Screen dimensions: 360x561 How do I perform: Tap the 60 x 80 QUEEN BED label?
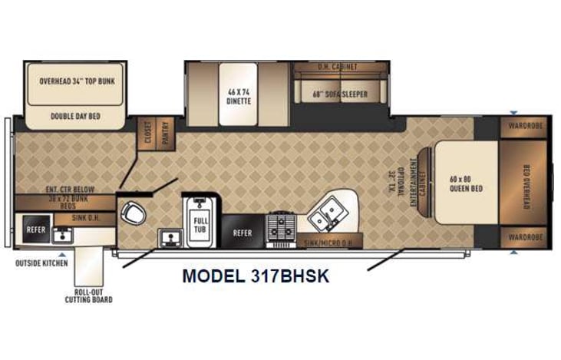pos(466,184)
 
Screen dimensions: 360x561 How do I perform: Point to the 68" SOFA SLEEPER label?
pos(339,95)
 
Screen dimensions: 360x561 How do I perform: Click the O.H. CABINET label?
pos(338,68)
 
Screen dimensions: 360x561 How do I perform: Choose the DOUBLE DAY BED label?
pos(76,117)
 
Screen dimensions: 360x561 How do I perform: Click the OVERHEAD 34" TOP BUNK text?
pos(76,80)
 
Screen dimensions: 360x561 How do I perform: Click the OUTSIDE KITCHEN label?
pos(41,263)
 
